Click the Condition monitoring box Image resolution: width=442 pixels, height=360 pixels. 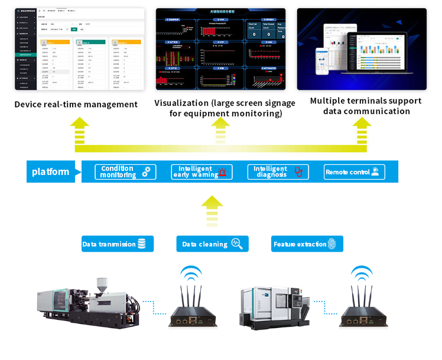(125, 172)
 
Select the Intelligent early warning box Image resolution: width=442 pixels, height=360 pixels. (201, 172)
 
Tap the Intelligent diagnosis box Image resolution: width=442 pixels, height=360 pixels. (278, 172)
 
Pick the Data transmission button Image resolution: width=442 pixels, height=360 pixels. (117, 244)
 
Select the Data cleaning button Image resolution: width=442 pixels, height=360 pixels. (212, 244)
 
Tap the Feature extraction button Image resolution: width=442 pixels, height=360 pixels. (307, 244)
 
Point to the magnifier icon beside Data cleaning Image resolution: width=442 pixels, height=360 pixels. (236, 244)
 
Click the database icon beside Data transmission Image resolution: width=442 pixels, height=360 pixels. (141, 244)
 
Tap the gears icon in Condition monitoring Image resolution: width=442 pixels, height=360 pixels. (147, 172)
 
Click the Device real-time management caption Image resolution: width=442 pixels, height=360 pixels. (76, 105)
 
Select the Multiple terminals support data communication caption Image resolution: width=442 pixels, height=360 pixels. (366, 106)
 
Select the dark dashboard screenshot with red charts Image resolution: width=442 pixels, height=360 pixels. (220, 49)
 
